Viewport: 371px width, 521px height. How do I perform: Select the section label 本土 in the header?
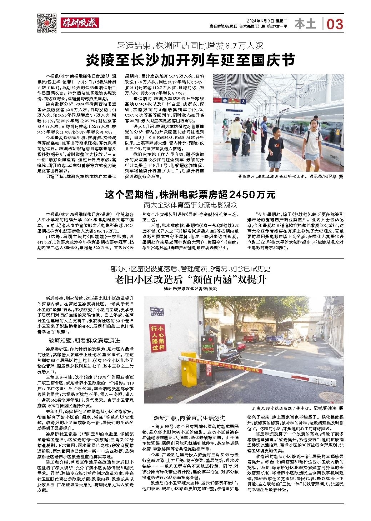306,24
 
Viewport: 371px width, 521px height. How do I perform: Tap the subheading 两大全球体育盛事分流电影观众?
190,205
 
